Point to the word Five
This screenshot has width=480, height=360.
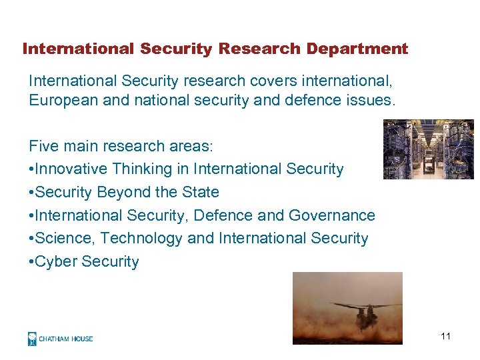click(x=43, y=146)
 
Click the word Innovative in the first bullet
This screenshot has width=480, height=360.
click(x=70, y=169)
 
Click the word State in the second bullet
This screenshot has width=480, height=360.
click(x=200, y=192)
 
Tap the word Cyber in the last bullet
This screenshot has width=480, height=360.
click(x=55, y=261)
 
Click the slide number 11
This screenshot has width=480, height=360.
click(x=445, y=336)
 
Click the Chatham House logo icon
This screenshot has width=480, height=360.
click(x=32, y=339)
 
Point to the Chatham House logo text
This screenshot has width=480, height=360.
click(x=65, y=339)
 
